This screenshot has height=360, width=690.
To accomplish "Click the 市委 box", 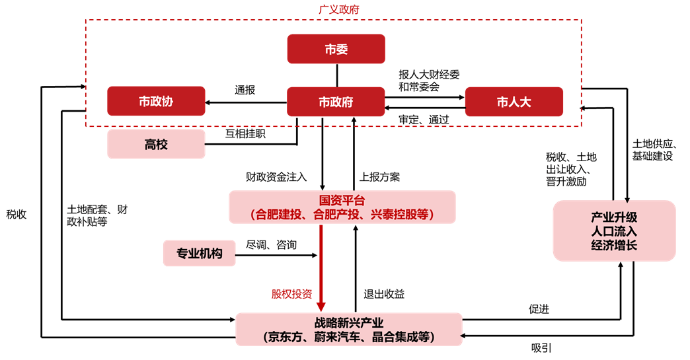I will (x=336, y=50).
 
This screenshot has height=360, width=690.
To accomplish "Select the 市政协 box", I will (x=156, y=102).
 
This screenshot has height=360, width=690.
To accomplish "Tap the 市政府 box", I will (x=336, y=102).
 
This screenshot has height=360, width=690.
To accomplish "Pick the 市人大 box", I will (x=514, y=102).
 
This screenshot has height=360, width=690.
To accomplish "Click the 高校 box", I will (x=156, y=144).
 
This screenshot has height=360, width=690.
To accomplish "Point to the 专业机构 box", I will (x=199, y=253).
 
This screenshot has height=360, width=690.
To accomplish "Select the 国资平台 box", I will (x=342, y=207).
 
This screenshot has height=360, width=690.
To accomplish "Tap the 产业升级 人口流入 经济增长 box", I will (x=614, y=231).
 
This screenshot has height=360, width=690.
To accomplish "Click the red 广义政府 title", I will (x=334, y=9).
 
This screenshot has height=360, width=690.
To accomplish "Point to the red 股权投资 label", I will (x=291, y=294).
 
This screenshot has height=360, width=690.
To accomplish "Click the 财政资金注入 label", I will (x=276, y=177).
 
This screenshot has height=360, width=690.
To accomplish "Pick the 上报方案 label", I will (x=380, y=177).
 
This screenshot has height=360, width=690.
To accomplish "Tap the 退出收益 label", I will (x=385, y=294).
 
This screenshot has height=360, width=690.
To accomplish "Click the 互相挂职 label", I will (x=245, y=133).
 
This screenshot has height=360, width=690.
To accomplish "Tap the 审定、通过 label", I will (x=424, y=120).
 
